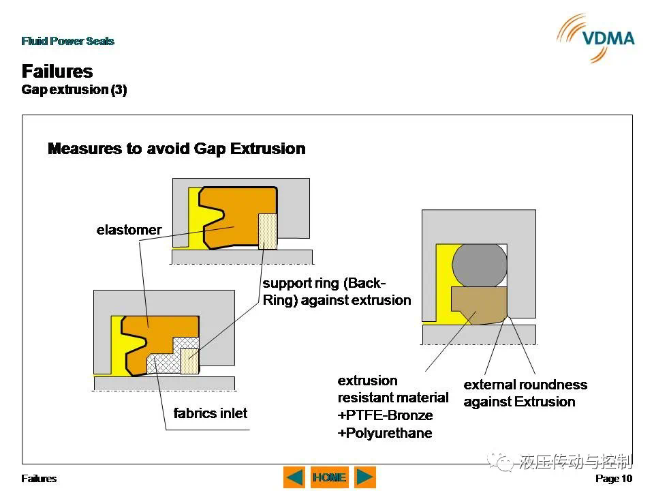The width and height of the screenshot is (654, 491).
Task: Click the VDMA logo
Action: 595,38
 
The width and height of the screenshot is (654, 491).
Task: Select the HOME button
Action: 330,477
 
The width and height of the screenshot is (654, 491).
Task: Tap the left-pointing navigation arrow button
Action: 294,477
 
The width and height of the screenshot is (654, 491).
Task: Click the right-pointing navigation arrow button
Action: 365,477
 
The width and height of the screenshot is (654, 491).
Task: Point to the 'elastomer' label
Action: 129,230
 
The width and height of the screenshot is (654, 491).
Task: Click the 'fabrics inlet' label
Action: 211,413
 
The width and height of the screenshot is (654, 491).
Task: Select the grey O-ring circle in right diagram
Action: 479,265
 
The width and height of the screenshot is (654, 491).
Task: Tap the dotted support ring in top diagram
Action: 267,231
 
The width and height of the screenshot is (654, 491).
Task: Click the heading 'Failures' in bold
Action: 57,71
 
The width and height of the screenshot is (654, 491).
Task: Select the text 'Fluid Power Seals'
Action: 67,41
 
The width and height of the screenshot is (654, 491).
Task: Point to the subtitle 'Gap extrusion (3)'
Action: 74,90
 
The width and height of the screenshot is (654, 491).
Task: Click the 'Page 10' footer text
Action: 614,479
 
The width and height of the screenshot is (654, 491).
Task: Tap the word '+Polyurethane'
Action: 384,433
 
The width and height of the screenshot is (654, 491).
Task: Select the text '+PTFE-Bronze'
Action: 385,415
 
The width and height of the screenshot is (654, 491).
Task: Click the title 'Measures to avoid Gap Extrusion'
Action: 176,149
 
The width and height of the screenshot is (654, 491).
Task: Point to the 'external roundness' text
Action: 525,385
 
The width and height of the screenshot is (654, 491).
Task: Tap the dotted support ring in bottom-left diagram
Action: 189,361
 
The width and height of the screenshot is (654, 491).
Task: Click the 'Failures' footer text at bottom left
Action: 39,479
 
